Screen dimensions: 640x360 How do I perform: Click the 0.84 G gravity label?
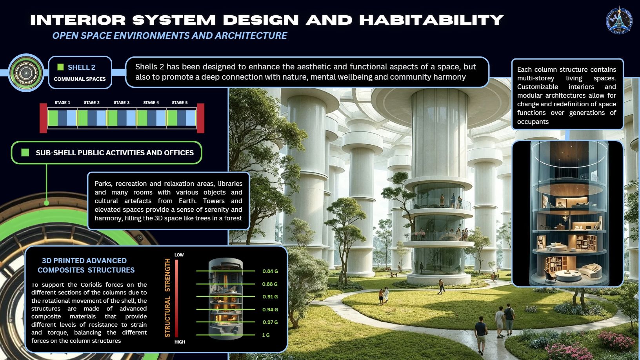coord(270,271)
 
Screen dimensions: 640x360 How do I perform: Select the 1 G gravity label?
coord(266,335)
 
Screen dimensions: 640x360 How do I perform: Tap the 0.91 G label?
coord(270,296)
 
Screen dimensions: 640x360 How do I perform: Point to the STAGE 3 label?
coord(122,103)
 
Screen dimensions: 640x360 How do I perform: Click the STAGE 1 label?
coord(62,103)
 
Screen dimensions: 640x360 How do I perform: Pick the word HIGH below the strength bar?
coord(180,342)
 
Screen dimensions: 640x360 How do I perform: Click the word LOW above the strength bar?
coord(179,255)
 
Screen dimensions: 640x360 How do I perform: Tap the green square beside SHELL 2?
coord(60,67)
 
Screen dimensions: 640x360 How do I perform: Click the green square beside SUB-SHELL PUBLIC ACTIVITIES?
coord(25,153)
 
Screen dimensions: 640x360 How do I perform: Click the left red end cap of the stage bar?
coord(44,118)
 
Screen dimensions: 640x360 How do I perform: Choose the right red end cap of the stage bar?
coord(200,118)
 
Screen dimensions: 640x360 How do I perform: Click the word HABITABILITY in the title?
coord(431,20)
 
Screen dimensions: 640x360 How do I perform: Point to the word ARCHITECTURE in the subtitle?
coord(251,35)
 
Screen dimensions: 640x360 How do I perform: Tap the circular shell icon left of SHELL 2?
coord(26,73)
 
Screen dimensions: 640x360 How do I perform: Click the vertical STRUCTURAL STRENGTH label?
coord(167,298)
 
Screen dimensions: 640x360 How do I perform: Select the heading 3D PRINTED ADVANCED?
coord(84,260)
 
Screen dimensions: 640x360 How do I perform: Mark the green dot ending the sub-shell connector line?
coord(46,203)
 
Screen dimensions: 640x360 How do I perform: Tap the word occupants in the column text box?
coord(533,122)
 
